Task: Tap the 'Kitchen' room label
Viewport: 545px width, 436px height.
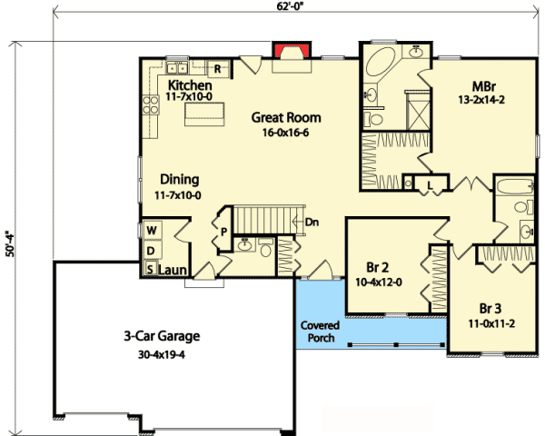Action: coord(190,84)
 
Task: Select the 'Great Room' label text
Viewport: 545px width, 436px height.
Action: coord(286,118)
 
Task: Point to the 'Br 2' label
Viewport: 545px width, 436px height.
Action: coord(378,269)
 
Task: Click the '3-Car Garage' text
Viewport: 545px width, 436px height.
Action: coord(162,335)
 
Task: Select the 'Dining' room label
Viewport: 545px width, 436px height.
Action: coord(179,179)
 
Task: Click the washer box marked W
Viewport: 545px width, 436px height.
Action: coord(151,231)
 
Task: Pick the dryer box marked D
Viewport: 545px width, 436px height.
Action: coord(151,250)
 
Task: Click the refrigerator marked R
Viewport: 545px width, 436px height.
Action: coord(218,67)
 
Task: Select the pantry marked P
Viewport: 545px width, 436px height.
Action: coord(223,232)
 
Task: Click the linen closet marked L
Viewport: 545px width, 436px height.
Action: coord(429,185)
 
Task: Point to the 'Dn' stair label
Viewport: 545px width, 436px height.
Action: coord(312,221)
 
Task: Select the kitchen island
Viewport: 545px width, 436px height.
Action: coord(205,113)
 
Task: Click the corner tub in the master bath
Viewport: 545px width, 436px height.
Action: coord(383,65)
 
